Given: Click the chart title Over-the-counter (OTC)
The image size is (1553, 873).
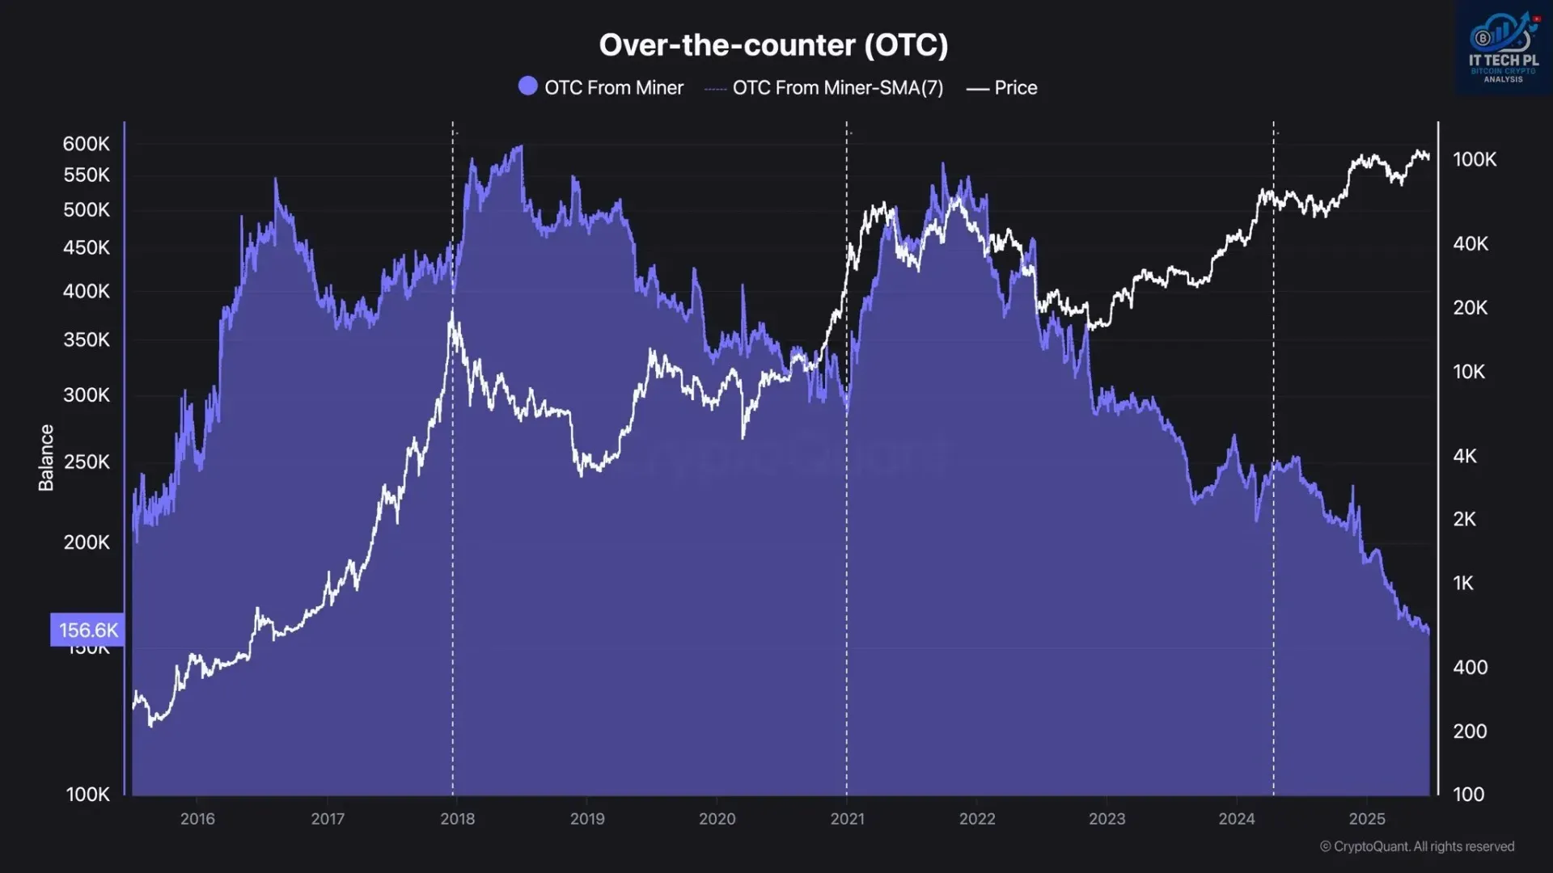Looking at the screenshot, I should tap(773, 45).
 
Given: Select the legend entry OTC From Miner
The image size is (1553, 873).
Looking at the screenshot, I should tap(602, 87).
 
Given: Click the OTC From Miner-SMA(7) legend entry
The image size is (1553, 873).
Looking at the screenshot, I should tap(825, 87).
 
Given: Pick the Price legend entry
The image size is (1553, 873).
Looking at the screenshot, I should tap(1003, 87).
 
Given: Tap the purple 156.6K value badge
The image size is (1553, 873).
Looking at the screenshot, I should tap(88, 630).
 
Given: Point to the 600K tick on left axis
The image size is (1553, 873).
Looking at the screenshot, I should tap(86, 144).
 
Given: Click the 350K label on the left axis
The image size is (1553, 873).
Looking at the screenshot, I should tap(86, 339).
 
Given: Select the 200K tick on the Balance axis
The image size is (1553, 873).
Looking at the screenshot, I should tap(86, 542).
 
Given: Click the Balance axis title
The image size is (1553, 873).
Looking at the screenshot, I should tap(46, 458).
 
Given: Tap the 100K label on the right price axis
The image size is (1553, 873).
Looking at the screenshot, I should tap(1474, 159).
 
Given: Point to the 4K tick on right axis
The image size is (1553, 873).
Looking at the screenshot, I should tap(1464, 456).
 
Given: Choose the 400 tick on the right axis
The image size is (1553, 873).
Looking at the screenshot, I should tap(1470, 667).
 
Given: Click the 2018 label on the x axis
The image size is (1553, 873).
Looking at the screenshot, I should tap(457, 818).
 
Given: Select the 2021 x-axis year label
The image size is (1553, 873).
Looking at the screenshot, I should tap(847, 818).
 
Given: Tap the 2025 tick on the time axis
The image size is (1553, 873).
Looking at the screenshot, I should tap(1366, 818).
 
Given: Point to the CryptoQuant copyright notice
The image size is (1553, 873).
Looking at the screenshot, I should tap(1417, 846).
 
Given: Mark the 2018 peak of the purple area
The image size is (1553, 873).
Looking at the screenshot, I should tap(520, 148).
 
